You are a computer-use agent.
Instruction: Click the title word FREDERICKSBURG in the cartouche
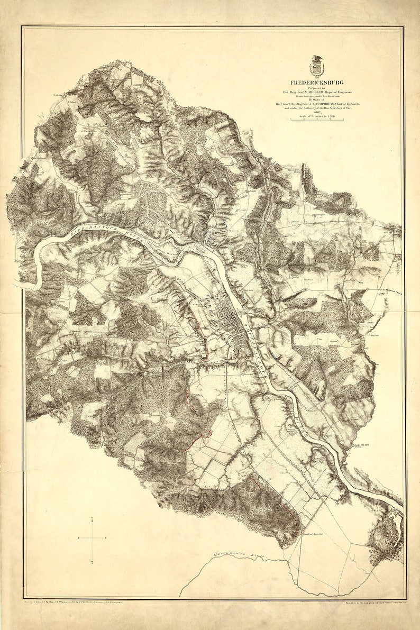316,82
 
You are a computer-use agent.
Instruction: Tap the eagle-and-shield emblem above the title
317,66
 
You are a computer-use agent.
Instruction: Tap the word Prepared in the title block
316,87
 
